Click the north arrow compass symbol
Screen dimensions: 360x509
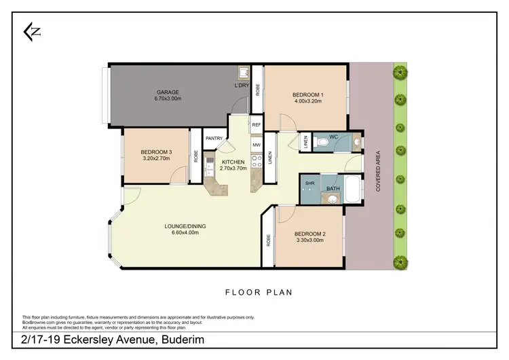[x=31, y=32]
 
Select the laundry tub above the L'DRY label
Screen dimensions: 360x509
[x=242, y=73]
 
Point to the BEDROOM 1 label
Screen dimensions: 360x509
[x=307, y=94]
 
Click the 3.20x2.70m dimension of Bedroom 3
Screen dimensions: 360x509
[x=155, y=158]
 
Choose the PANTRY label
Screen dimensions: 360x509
[x=214, y=138]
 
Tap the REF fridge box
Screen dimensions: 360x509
[x=257, y=125]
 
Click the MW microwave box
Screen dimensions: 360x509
[x=257, y=144]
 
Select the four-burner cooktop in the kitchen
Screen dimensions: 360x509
[x=257, y=162]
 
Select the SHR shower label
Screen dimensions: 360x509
[x=309, y=183]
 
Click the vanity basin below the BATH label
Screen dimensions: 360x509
[x=333, y=200]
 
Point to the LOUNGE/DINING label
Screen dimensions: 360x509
[x=185, y=226]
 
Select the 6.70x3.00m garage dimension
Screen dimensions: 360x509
[x=168, y=98]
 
